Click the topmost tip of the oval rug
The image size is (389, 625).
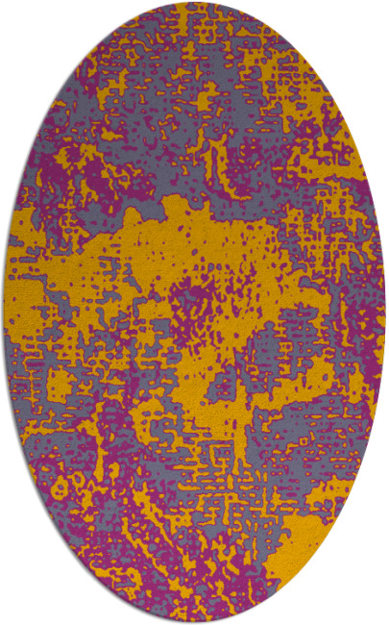(x=194, y=3)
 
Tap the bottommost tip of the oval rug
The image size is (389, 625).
(x=194, y=622)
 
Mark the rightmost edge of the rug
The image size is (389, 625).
(x=385, y=312)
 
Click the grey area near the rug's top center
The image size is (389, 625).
(x=192, y=58)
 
